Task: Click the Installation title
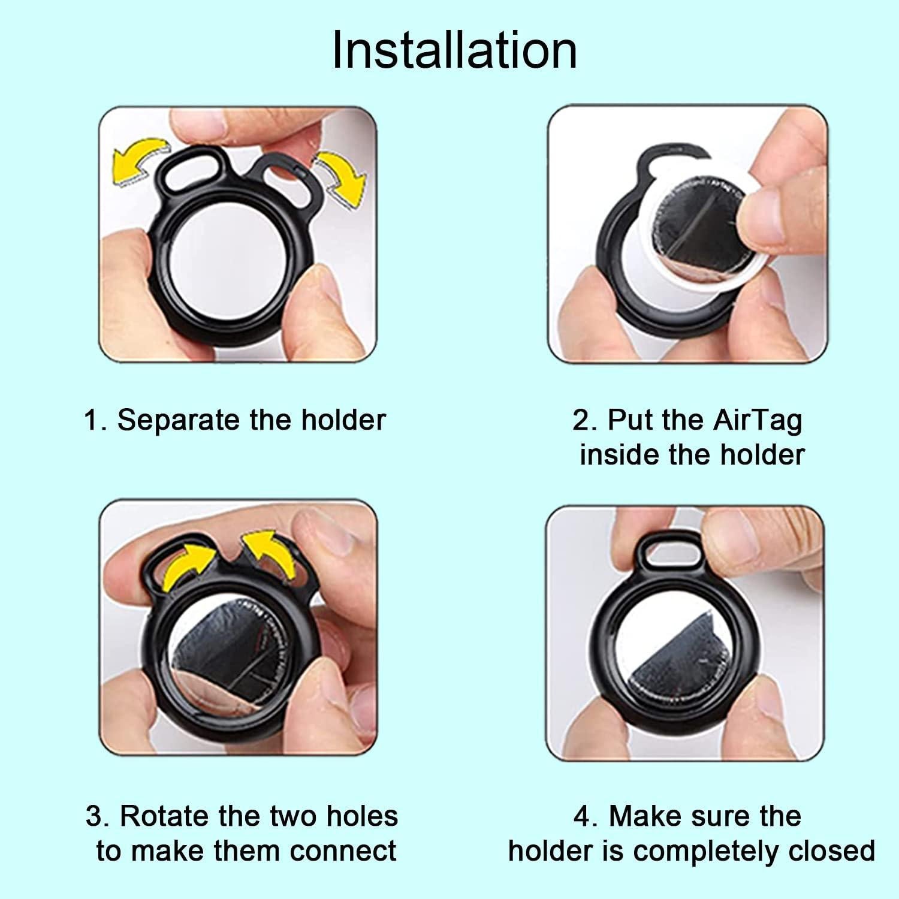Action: coord(454,50)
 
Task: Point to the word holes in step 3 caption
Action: coord(362,816)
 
